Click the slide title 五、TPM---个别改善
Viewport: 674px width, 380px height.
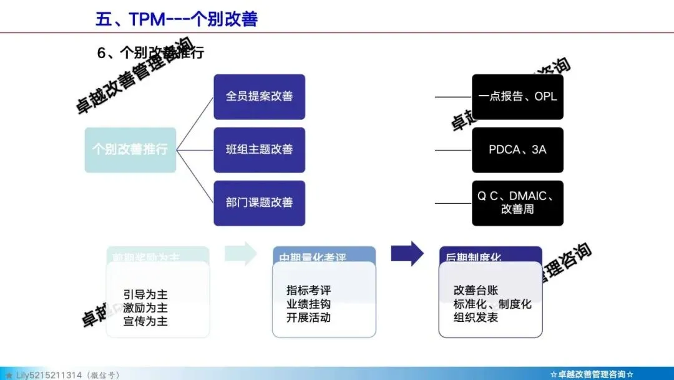click(177, 19)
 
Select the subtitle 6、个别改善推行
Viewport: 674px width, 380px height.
click(150, 53)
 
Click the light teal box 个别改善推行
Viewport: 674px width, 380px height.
click(130, 150)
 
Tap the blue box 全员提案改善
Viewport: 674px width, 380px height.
click(259, 97)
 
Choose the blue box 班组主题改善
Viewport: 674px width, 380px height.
click(259, 150)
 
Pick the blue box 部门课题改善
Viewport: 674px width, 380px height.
click(259, 203)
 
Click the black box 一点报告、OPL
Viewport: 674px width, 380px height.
click(517, 97)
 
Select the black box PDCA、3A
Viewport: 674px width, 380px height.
click(517, 150)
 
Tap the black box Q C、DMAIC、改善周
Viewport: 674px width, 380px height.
click(517, 202)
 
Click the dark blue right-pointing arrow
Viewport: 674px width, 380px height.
click(407, 253)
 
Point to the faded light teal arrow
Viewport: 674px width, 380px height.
click(241, 253)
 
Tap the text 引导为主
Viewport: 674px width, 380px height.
click(145, 294)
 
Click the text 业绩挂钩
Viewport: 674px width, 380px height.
click(308, 304)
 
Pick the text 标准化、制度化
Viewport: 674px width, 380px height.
click(492, 304)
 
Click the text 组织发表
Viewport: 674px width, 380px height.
click(476, 317)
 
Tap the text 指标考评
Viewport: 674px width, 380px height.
click(308, 291)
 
